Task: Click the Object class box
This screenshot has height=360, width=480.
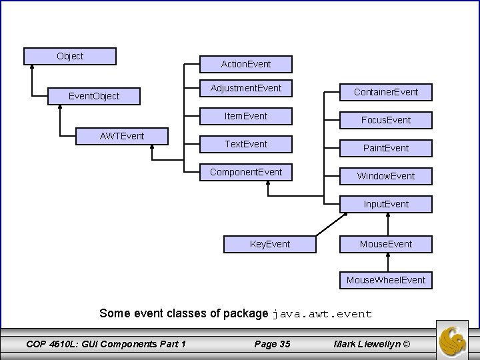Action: click(70, 56)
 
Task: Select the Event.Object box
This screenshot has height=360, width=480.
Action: click(94, 96)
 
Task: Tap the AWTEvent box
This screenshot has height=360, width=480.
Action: click(122, 137)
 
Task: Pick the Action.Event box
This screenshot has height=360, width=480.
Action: click(246, 64)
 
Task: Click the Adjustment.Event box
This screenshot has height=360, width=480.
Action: click(246, 89)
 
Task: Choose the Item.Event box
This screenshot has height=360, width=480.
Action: click(246, 117)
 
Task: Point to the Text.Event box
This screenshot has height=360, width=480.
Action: click(246, 145)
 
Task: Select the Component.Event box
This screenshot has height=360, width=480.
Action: click(246, 173)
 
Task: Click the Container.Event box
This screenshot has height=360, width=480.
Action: click(386, 92)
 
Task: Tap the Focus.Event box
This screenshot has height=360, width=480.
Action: click(386, 120)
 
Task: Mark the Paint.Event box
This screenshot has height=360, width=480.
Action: click(386, 148)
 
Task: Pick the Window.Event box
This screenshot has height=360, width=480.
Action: click(386, 176)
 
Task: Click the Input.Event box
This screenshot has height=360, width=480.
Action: click(386, 204)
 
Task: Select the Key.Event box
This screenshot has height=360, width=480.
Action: click(270, 244)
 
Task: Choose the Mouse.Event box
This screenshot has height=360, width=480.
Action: click(386, 244)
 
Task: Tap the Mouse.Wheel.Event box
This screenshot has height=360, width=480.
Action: click(386, 280)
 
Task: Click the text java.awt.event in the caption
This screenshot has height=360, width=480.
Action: click(322, 313)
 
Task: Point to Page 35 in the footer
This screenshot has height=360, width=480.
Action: click(272, 344)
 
